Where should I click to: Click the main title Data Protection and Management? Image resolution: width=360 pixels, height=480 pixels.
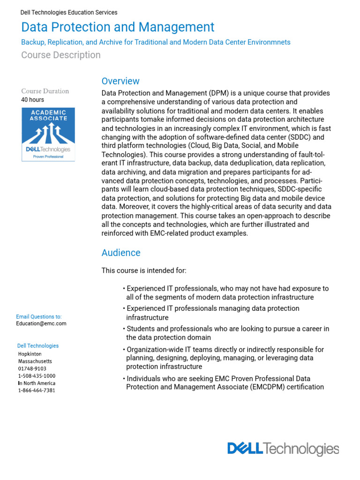point(118,27)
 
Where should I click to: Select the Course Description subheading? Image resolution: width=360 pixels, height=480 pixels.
point(61,55)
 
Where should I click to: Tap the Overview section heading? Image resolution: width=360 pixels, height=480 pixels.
point(120,81)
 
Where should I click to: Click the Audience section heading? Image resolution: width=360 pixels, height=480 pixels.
point(121,253)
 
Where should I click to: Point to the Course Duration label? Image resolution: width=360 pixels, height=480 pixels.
point(45,91)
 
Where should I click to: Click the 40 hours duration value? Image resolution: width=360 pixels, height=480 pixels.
point(32,99)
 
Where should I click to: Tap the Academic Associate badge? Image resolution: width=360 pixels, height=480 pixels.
point(48,135)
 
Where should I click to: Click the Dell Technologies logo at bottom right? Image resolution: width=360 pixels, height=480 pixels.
point(283,449)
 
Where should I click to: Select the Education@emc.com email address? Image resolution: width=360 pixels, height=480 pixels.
point(41,323)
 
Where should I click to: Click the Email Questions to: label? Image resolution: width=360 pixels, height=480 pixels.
point(39,317)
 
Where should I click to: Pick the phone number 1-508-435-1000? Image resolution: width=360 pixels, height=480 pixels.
point(37,376)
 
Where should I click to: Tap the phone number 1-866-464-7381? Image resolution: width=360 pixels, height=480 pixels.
point(37,390)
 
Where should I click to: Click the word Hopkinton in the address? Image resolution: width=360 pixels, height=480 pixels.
point(30,354)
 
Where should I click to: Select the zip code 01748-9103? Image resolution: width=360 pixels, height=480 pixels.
point(32,368)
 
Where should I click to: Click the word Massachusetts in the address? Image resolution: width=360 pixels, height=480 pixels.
point(35,361)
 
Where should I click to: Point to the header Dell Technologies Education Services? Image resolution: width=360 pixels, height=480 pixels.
point(69,13)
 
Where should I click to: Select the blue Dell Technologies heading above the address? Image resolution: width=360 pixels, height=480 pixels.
point(38,346)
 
